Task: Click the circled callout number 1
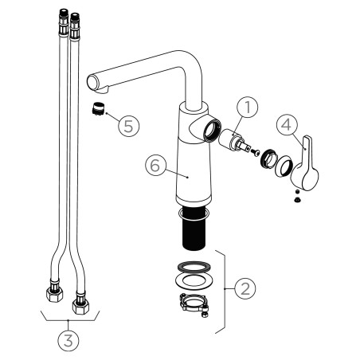pyautogui.click(x=248, y=107)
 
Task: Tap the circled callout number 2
pyautogui.click(x=245, y=288)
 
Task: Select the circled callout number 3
pyautogui.click(x=68, y=340)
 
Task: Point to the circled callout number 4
pyautogui.click(x=287, y=125)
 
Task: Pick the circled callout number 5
pyautogui.click(x=129, y=126)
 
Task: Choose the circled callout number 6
pyautogui.click(x=155, y=165)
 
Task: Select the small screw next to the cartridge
pyautogui.click(x=254, y=152)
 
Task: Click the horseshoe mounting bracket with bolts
pyautogui.click(x=194, y=304)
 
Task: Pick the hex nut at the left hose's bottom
pyautogui.click(x=54, y=294)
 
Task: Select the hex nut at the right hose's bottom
pyautogui.click(x=80, y=307)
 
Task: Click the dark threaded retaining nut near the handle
pyautogui.click(x=268, y=158)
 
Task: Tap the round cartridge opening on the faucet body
pyautogui.click(x=212, y=131)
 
